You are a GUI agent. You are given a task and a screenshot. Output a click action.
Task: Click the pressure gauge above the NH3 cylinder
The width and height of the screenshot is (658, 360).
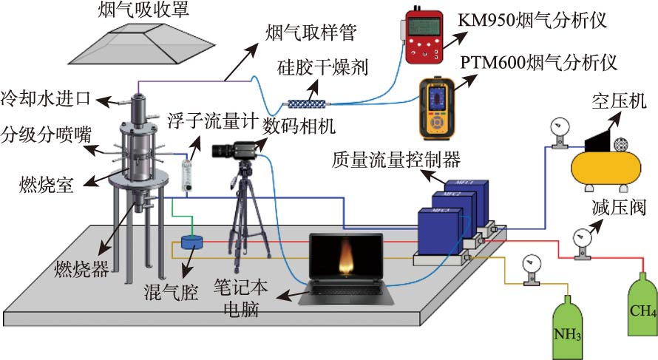529,265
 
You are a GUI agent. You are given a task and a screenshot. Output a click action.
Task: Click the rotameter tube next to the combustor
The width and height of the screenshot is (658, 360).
187,172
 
